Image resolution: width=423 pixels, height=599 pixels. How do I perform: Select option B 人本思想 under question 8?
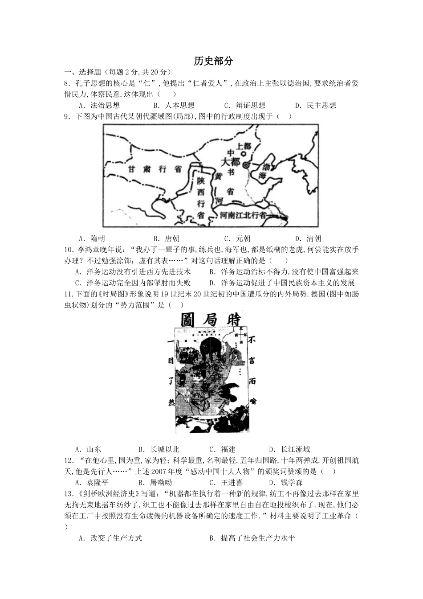[174, 106]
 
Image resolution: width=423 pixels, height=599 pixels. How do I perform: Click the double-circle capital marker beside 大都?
[246, 165]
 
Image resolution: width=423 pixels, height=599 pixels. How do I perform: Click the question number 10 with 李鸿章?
[69, 250]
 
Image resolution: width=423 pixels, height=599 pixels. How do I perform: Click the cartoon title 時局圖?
[211, 320]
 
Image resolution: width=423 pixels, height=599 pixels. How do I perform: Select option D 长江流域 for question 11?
[290, 450]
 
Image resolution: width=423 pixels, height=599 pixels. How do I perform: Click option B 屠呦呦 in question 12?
[155, 483]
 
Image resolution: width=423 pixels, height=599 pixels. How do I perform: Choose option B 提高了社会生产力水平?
[252, 538]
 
